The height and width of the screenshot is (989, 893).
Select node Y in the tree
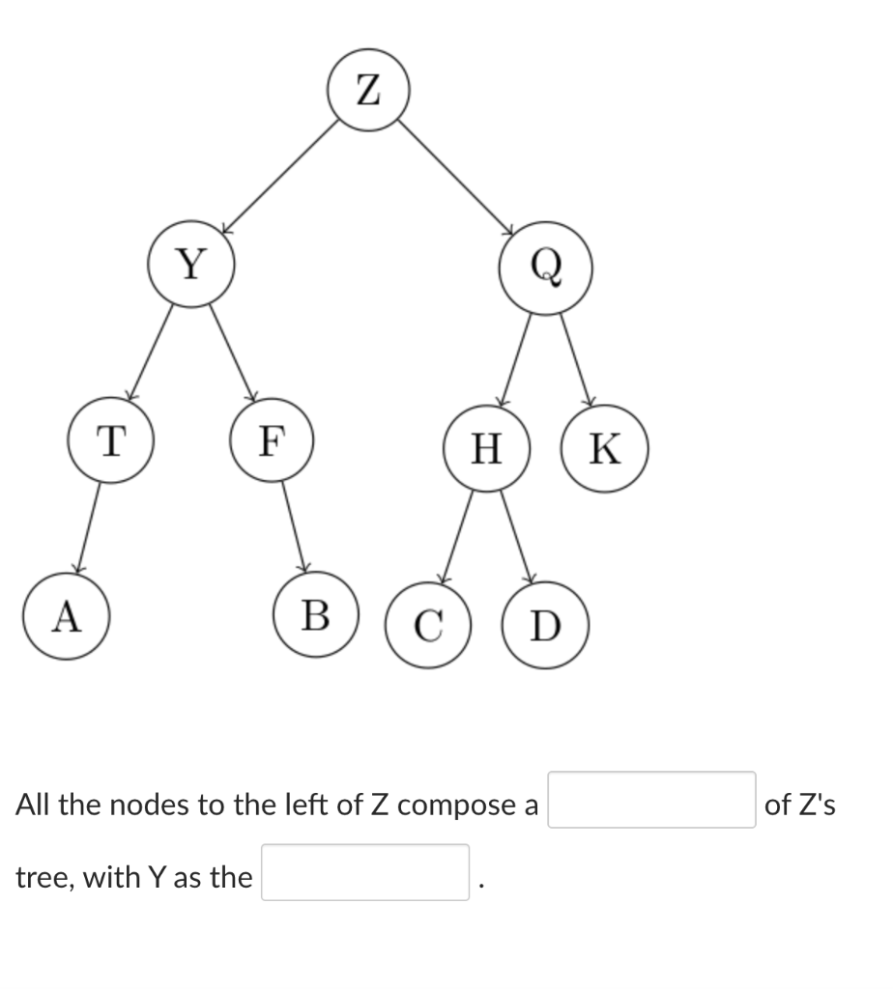point(191,263)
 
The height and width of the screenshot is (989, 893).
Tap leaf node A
point(65,617)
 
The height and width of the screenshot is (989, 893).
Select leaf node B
point(315,615)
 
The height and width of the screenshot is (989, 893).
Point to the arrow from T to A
point(88,528)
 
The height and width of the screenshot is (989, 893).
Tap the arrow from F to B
point(294,526)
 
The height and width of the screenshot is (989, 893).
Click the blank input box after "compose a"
point(651,800)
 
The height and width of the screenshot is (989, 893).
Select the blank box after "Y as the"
point(364,873)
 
